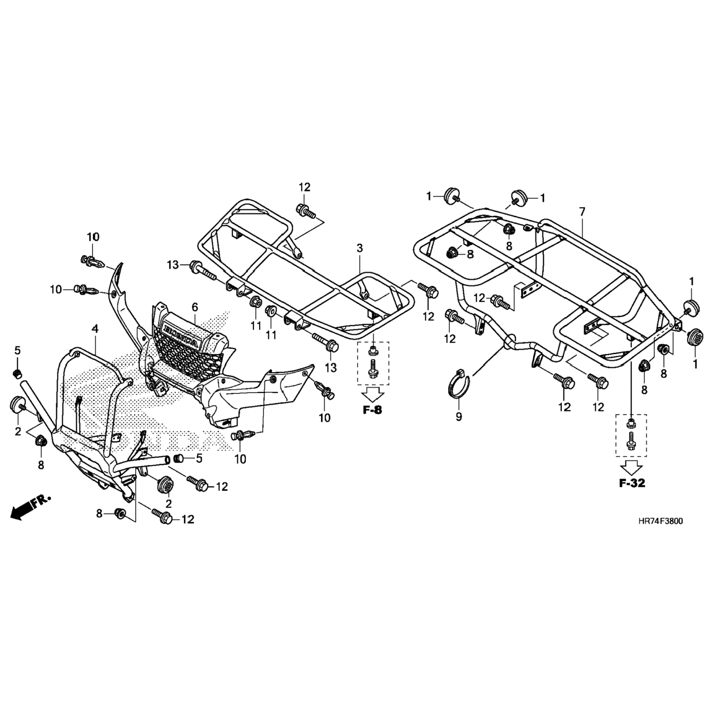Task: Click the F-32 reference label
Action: pyautogui.click(x=632, y=483)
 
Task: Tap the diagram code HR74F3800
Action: pyautogui.click(x=660, y=521)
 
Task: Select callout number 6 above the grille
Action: pyautogui.click(x=194, y=307)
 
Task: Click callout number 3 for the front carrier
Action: pyautogui.click(x=360, y=248)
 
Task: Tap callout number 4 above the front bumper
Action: pyautogui.click(x=95, y=329)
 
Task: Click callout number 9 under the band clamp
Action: pyautogui.click(x=459, y=417)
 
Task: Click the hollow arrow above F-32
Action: pyautogui.click(x=632, y=468)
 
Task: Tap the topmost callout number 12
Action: pyautogui.click(x=304, y=187)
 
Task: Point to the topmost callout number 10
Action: pyautogui.click(x=93, y=236)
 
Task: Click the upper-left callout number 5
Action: pyautogui.click(x=17, y=350)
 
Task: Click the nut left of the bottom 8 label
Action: pyautogui.click(x=120, y=513)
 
